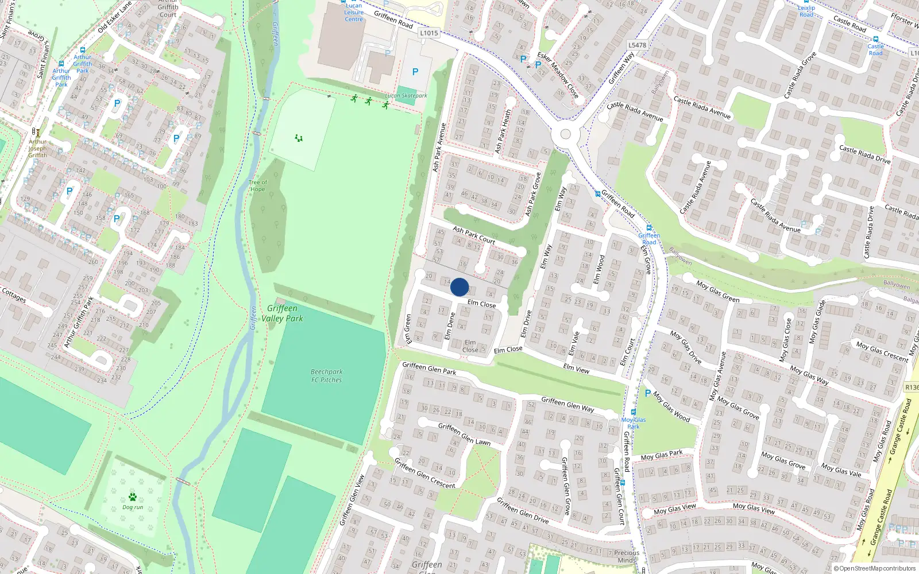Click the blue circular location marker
click(459, 287)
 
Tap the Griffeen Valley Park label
click(282, 313)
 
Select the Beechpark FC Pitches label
click(326, 376)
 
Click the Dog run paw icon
click(133, 497)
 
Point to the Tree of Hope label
click(257, 186)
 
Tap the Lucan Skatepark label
click(406, 96)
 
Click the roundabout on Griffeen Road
click(566, 134)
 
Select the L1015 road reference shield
click(428, 33)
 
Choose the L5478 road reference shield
click(637, 45)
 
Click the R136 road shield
click(912, 387)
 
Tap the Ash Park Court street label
click(474, 235)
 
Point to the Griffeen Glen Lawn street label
click(464, 434)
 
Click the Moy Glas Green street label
click(717, 292)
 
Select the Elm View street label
click(576, 369)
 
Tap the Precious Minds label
click(626, 556)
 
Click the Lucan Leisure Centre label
click(354, 12)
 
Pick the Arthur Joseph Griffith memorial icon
click(36, 132)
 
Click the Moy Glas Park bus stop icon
click(634, 412)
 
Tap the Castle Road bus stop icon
click(876, 39)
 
